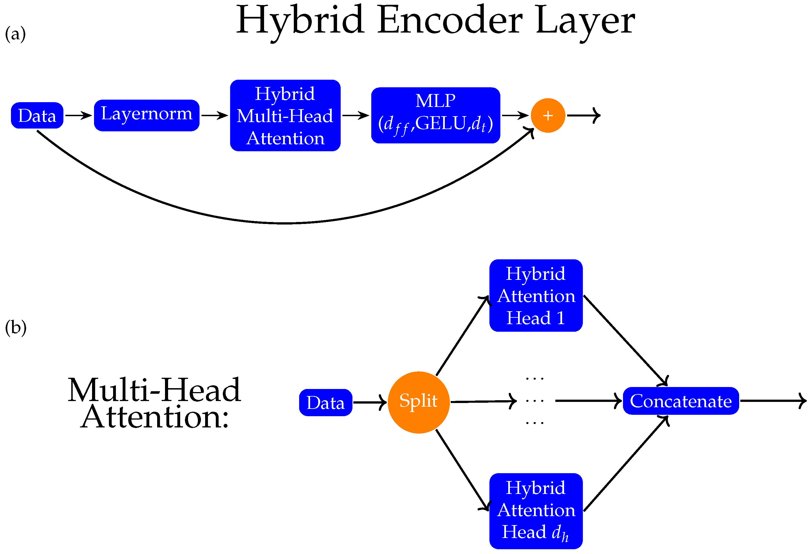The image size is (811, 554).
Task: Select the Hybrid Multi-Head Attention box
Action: point(285,116)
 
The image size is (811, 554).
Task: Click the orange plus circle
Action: point(548,116)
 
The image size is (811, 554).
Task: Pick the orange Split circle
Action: point(418,402)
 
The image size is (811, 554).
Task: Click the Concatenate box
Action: point(681,401)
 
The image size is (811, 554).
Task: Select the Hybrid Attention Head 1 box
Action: point(536,295)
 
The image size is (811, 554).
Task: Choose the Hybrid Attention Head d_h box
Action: point(536,511)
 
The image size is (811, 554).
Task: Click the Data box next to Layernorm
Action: point(37,116)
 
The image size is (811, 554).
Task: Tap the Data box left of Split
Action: point(326,402)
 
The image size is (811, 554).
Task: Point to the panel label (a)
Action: point(15,34)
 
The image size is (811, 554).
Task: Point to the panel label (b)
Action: point(16,328)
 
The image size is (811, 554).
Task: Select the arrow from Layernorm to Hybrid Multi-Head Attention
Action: point(214,115)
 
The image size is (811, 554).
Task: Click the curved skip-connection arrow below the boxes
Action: point(285,223)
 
